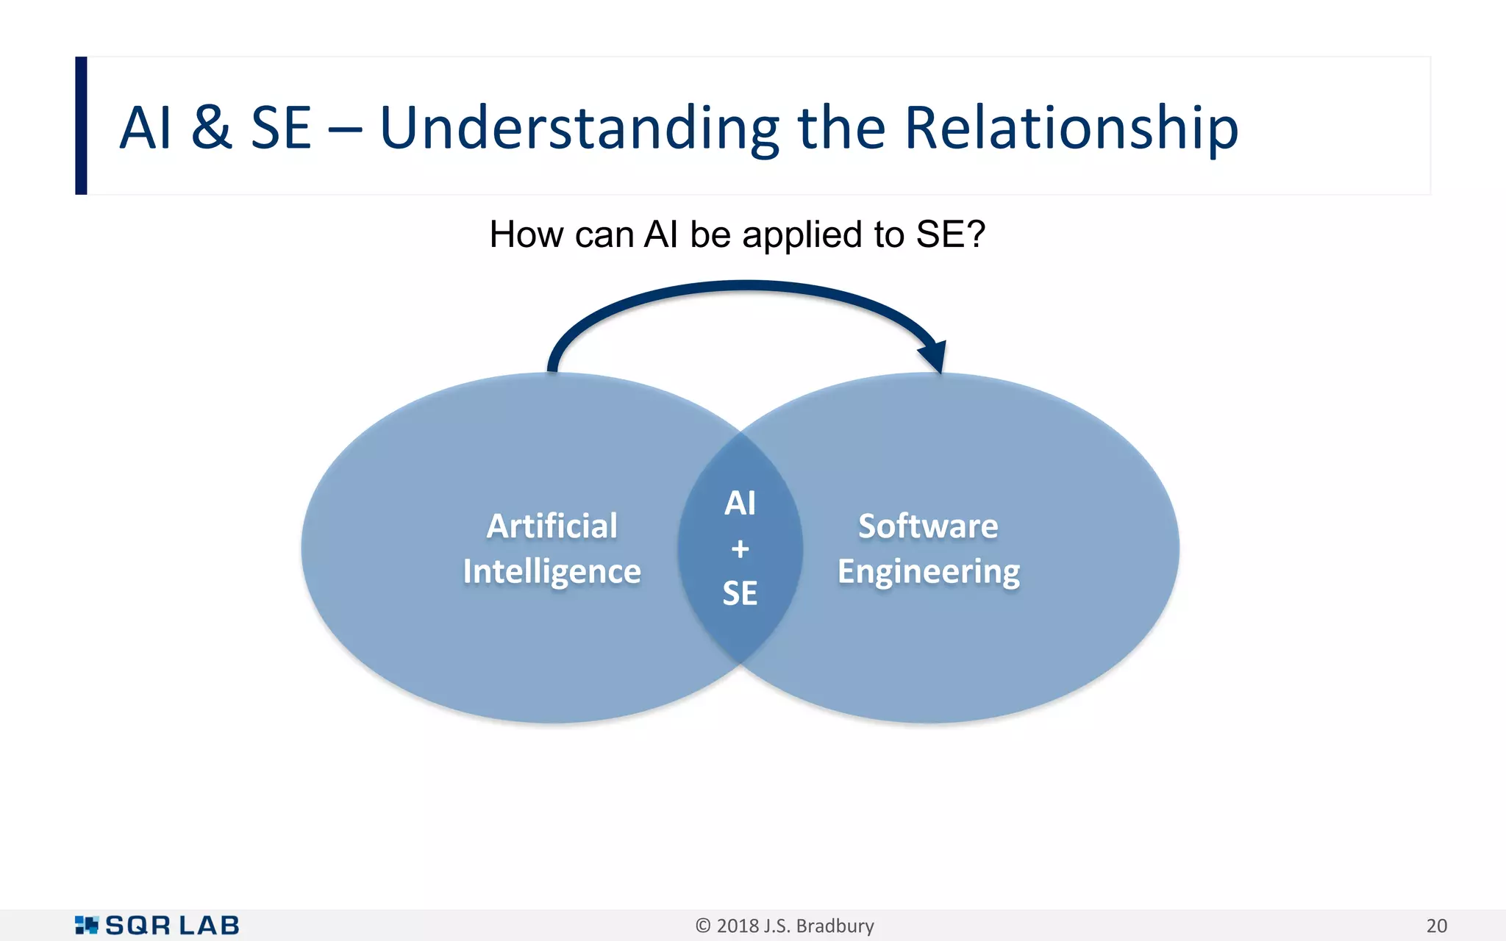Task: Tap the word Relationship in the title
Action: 1071,129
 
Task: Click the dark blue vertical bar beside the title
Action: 81,126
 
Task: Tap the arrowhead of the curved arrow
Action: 933,357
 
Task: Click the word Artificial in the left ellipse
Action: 552,526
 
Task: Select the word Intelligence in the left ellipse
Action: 552,572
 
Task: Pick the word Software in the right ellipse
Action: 928,526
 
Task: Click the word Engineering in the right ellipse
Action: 928,572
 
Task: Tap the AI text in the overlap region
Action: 740,504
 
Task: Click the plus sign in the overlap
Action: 740,548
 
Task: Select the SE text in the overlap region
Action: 740,593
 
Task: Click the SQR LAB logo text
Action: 173,926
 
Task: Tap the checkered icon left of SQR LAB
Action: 86,925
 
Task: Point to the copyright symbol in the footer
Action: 703,926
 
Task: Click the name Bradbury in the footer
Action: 835,926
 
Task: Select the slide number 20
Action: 1436,926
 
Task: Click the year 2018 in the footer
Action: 737,926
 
